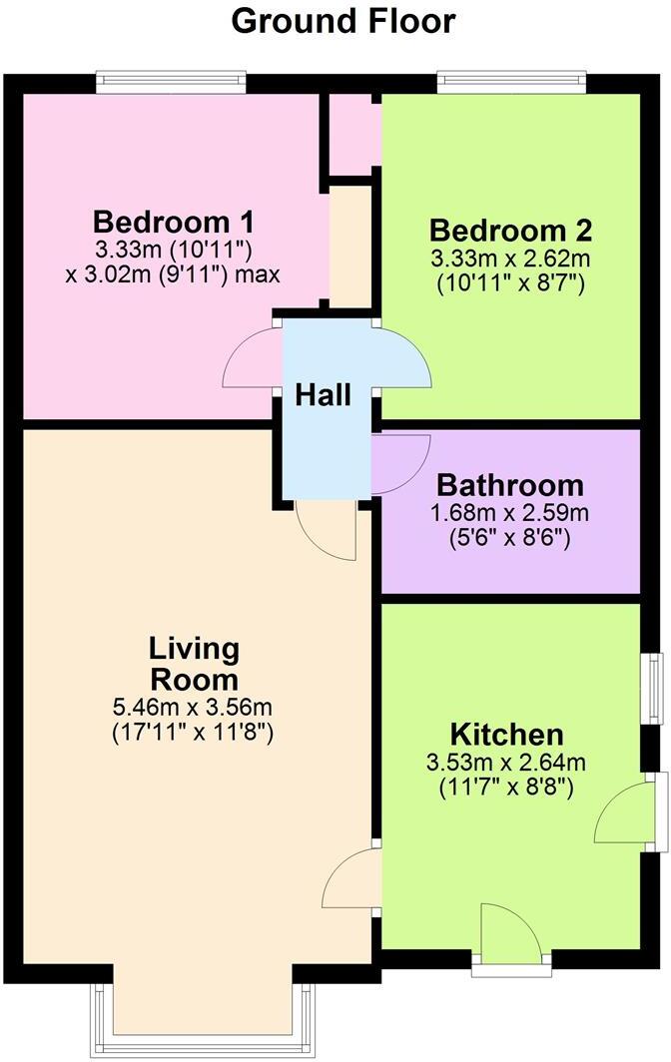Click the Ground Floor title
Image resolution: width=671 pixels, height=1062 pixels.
pyautogui.click(x=343, y=20)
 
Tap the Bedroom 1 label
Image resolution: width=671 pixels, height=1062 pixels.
pyautogui.click(x=174, y=221)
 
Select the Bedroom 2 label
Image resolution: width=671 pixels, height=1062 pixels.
pyautogui.click(x=510, y=231)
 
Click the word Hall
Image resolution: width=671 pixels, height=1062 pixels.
pyautogui.click(x=324, y=395)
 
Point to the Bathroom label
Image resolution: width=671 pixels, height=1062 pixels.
pyautogui.click(x=510, y=486)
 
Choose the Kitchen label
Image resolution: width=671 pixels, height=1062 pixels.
pyautogui.click(x=507, y=736)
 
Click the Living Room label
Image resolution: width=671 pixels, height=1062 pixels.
pyautogui.click(x=194, y=665)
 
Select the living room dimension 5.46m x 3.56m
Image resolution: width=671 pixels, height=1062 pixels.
pyautogui.click(x=194, y=709)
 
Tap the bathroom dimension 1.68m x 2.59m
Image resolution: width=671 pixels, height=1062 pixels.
pyautogui.click(x=510, y=514)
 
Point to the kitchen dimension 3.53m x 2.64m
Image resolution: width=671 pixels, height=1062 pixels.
pyautogui.click(x=507, y=765)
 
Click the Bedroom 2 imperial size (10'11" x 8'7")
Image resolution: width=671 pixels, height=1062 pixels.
pyautogui.click(x=510, y=282)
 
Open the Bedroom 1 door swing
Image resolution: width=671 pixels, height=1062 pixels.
pyautogui.click(x=253, y=360)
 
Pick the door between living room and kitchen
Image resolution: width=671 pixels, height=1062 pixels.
pyautogui.click(x=351, y=878)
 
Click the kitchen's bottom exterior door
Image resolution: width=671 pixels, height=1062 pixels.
pyautogui.click(x=510, y=933)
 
